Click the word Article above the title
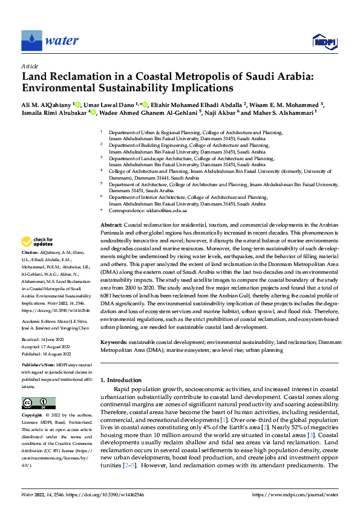(x=30, y=66)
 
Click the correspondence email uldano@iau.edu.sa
(x=166, y=210)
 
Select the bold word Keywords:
(x=115, y=343)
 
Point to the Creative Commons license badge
(x=38, y=403)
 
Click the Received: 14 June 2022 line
(x=44, y=340)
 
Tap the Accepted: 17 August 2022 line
(x=46, y=347)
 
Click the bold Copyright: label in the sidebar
(x=33, y=417)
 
